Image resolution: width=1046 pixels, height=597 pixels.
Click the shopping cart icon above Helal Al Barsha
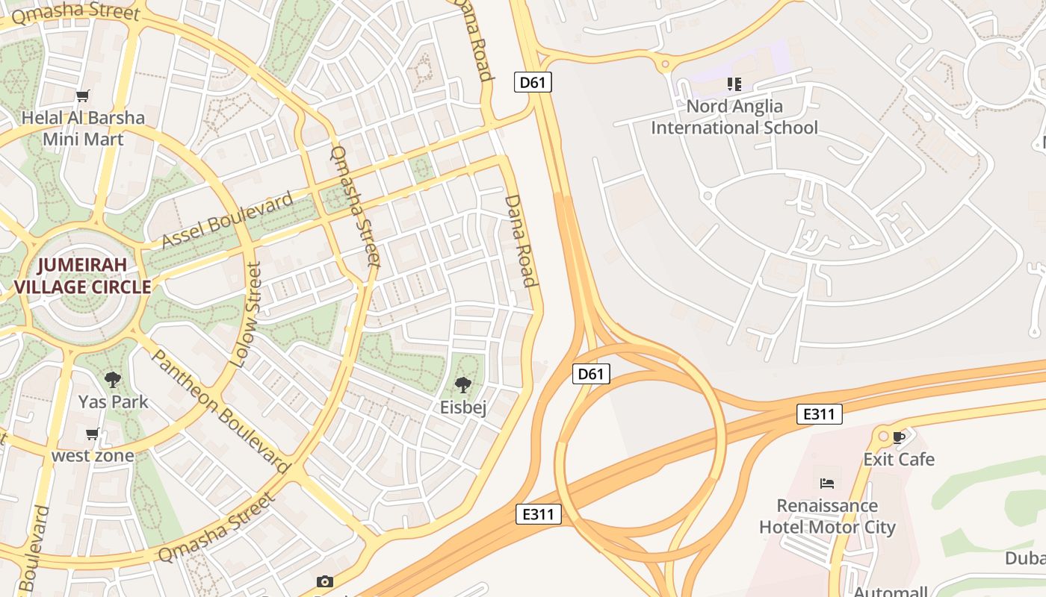point(83,96)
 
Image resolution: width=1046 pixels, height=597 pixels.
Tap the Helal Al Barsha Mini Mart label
point(83,128)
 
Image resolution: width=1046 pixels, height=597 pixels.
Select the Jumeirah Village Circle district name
point(82,276)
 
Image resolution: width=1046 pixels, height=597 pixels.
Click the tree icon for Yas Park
point(113,380)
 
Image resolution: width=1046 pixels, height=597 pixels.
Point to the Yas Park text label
point(114,401)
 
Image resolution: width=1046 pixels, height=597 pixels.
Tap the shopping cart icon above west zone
point(93,434)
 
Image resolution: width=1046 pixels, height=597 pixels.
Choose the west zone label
point(93,455)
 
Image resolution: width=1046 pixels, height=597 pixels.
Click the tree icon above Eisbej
point(463,385)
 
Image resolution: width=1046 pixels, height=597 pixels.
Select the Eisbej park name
point(463,407)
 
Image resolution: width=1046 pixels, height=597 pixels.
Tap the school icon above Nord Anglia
point(734,84)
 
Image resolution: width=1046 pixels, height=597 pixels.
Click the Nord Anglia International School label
point(734,117)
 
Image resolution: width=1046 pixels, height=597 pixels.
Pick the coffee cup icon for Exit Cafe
point(899,437)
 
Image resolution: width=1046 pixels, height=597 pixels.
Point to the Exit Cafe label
point(899,459)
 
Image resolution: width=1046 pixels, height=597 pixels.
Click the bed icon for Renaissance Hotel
point(826,484)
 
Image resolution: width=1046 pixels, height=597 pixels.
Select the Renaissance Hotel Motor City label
point(826,516)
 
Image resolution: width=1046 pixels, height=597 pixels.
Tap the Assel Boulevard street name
point(228,220)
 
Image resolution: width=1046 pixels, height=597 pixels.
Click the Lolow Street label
point(246,314)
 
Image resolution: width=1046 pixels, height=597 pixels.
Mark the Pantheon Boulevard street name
point(220,411)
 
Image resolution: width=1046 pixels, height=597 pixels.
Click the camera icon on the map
point(324,581)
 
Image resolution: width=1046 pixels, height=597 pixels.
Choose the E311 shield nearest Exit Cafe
point(819,414)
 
